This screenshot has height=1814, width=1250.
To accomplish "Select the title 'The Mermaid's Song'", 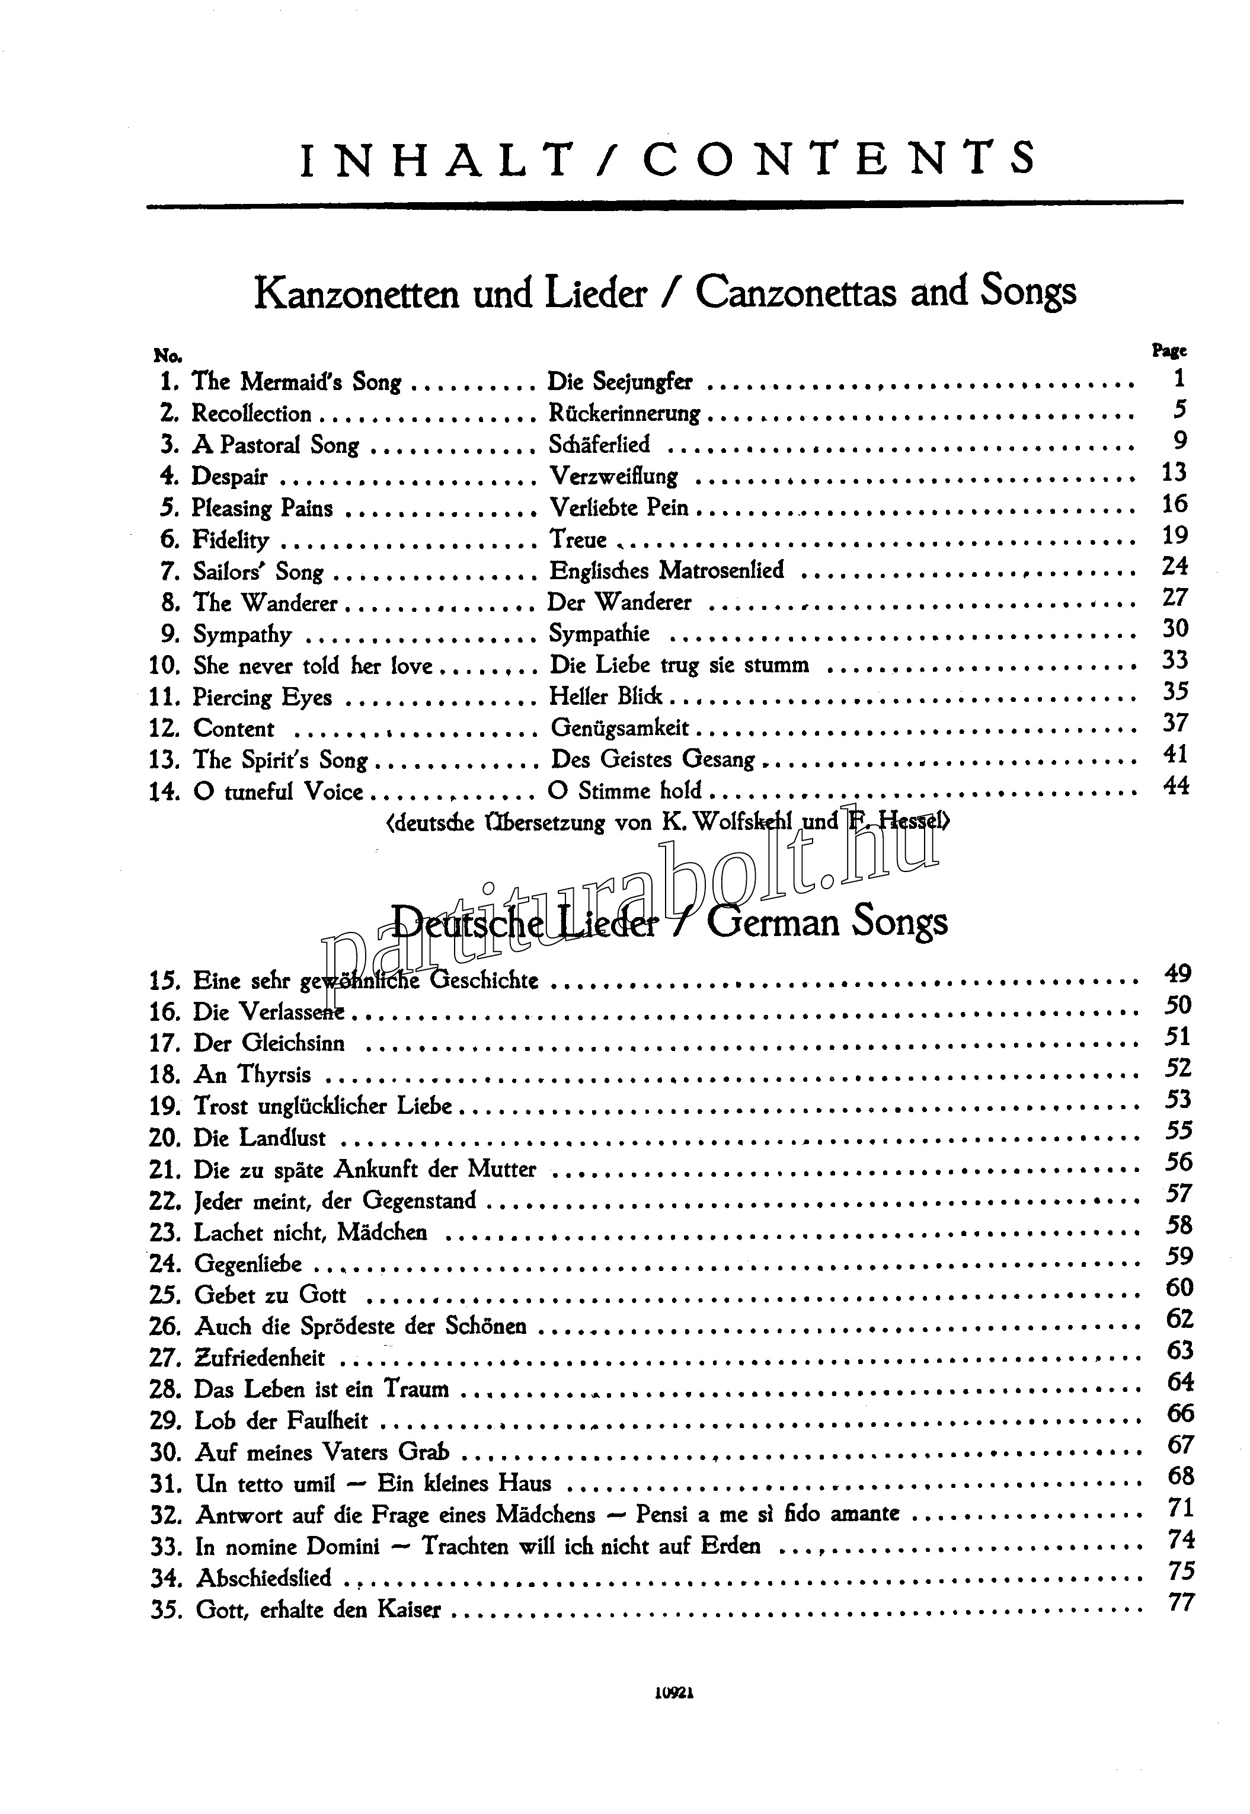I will [x=296, y=382].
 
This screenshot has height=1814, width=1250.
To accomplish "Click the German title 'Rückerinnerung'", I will [x=624, y=414].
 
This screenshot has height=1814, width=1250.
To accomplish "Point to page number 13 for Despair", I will [x=1175, y=472].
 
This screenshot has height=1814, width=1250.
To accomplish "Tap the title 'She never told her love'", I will [x=312, y=666].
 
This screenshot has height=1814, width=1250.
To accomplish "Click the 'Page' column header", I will [x=1169, y=352].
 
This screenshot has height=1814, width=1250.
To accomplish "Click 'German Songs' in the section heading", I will [x=827, y=922].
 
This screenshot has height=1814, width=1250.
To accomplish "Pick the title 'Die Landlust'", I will [x=259, y=1138].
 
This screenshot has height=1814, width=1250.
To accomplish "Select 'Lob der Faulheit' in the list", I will [x=280, y=1421].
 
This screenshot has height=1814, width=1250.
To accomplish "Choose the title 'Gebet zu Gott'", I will [x=270, y=1295].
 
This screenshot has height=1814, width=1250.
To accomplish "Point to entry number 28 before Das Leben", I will [x=165, y=1390].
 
